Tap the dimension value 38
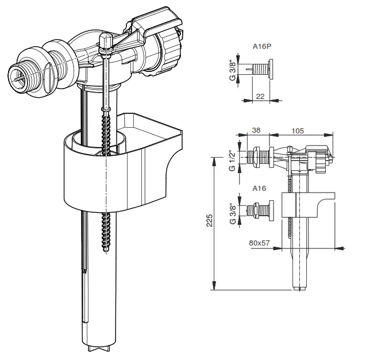tap(256, 131)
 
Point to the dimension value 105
tap(298, 131)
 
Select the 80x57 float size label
tap(260, 243)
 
